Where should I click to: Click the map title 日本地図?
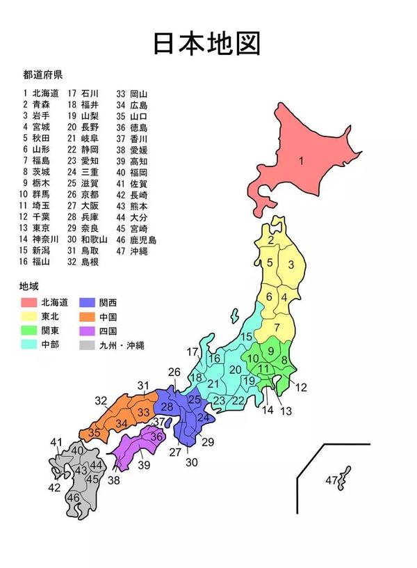coord(208,43)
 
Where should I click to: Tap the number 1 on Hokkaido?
coord(302,161)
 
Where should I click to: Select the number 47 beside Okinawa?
coord(332,481)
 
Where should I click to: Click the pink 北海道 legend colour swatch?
coord(28,302)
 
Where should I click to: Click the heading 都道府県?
coord(42,74)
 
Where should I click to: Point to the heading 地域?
coord(29,285)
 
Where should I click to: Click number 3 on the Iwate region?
coord(292,264)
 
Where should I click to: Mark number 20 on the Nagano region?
coord(235,369)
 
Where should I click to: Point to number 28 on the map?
coord(167,407)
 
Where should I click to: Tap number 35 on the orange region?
coord(94,432)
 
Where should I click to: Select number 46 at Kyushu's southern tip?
coord(73,498)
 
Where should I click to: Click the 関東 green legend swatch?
coord(28,330)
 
